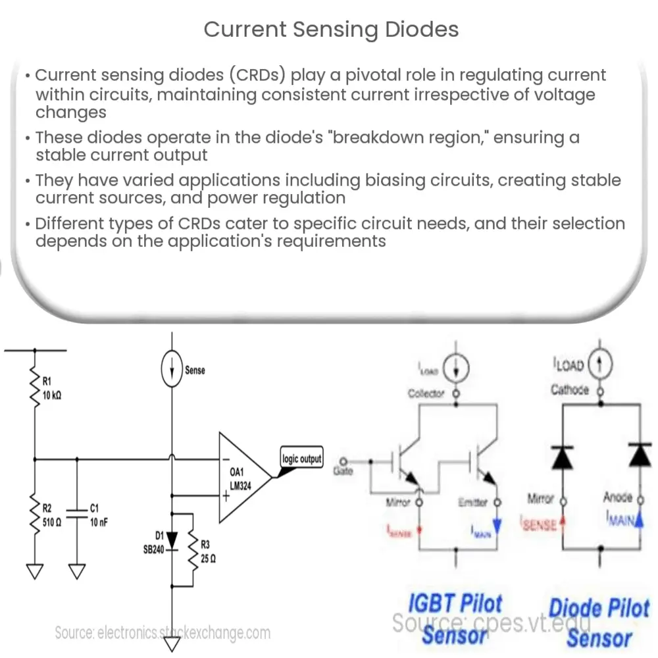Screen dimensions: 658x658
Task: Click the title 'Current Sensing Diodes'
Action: coord(331,29)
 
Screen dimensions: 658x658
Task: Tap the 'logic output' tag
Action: coord(301,459)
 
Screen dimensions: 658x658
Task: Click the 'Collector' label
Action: coord(426,393)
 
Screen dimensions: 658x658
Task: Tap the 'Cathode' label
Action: coord(570,390)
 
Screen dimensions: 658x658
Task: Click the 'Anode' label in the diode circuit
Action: coord(617,498)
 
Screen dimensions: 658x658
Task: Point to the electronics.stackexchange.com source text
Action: coord(163,633)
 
